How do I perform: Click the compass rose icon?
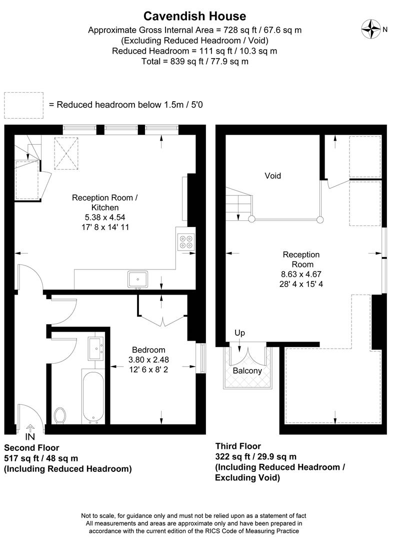tap(371, 29)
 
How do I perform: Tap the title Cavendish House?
tap(195, 16)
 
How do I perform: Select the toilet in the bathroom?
tap(60, 415)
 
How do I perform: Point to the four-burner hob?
tap(185, 242)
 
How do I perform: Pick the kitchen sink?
tap(137, 279)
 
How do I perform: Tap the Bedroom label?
tap(148, 350)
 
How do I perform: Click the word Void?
tap(273, 176)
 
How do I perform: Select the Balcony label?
tap(247, 371)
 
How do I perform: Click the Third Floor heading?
tap(238, 446)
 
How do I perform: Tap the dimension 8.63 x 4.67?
tap(301, 274)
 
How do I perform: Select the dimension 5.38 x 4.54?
tap(105, 217)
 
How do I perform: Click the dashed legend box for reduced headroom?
tap(24, 105)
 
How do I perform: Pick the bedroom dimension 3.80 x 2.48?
tap(148, 359)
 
